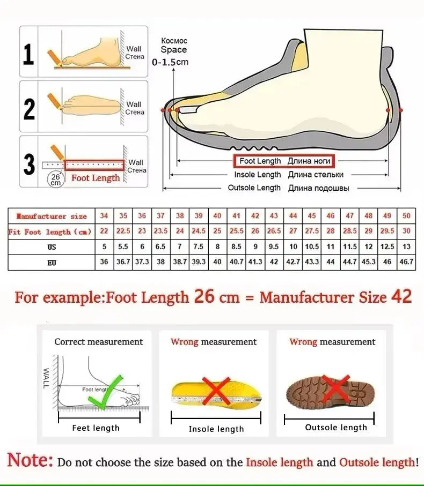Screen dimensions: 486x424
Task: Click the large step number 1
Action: coord(29,54)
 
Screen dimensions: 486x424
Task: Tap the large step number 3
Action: coord(29,165)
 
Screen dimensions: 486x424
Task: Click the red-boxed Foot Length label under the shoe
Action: coord(283,161)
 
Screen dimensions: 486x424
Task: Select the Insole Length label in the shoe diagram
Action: coord(257,175)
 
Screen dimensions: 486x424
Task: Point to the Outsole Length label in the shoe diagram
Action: coord(254,188)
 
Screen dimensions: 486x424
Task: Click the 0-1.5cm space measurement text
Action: coord(170,62)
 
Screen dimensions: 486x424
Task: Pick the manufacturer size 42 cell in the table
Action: coord(255,216)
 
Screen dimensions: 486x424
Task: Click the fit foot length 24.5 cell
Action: coord(199,231)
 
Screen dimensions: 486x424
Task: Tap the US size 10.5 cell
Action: coord(312,247)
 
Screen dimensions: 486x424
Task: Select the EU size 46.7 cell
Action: coord(406,262)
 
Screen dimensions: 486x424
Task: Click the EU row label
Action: coord(51,263)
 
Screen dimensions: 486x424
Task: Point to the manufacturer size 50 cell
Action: coord(406,216)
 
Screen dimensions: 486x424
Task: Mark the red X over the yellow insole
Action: coord(216,390)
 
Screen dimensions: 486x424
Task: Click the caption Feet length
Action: coord(96,428)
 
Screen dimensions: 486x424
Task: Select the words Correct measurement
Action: coord(98,342)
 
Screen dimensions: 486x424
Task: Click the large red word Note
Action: coord(30,460)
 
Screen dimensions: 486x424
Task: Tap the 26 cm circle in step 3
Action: coord(56,179)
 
